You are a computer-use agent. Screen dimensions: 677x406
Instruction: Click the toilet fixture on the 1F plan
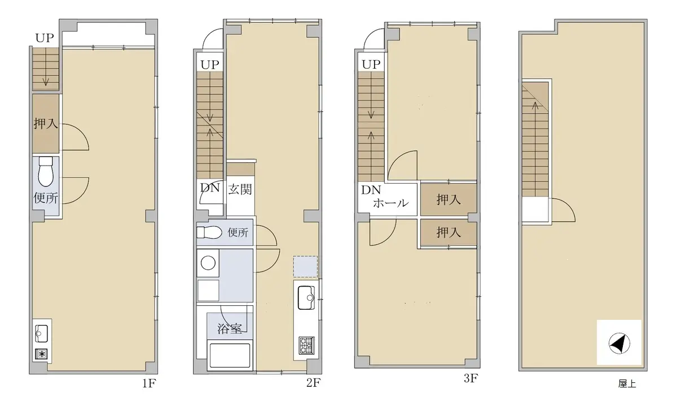point(46,172)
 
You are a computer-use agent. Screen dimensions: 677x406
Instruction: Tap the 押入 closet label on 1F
point(46,123)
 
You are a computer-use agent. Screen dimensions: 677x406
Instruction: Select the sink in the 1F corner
point(41,333)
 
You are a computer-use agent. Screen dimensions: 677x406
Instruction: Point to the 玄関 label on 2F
point(240,189)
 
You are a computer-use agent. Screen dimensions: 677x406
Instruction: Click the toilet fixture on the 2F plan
point(209,232)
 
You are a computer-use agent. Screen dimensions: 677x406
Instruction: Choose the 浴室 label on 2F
point(230,328)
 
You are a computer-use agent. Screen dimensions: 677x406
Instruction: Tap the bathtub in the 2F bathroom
point(230,355)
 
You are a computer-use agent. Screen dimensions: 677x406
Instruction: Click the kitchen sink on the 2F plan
point(306,298)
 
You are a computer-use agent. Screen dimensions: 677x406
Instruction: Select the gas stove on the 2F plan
point(307,345)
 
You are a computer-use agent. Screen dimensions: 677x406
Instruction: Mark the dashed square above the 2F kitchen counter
point(305,267)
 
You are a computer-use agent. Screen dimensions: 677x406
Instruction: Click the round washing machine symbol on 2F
point(208,263)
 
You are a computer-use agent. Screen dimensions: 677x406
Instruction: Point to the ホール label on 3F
point(391,203)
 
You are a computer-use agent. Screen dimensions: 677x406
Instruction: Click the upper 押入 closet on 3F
point(449,199)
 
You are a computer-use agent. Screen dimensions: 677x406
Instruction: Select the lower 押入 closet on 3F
point(449,232)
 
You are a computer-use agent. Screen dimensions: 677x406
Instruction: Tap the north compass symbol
point(619,343)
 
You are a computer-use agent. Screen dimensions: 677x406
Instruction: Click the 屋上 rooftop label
point(627,383)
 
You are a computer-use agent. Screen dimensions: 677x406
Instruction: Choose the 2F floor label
point(314,383)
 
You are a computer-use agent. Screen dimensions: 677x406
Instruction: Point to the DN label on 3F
point(371,190)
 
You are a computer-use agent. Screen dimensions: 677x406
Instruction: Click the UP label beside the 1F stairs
point(45,38)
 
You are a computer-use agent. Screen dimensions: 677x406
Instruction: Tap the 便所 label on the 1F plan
point(46,198)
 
